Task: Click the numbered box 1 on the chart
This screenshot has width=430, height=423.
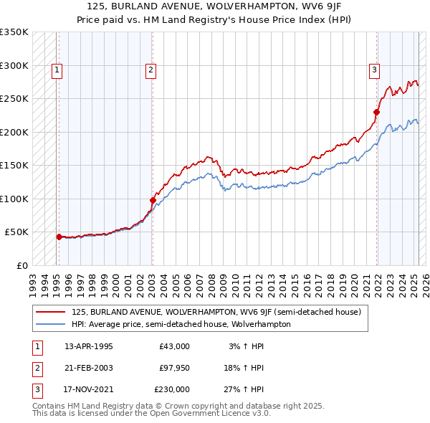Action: (x=57, y=70)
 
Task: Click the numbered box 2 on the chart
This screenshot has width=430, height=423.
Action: (x=151, y=70)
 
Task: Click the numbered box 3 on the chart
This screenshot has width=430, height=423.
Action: (x=375, y=70)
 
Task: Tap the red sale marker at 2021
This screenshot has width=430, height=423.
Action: (x=376, y=112)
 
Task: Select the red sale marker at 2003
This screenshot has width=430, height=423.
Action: (x=152, y=200)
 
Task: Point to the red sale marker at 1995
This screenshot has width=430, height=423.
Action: (x=59, y=236)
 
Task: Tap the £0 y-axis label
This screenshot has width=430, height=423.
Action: (x=21, y=265)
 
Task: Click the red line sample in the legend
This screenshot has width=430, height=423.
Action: (x=50, y=312)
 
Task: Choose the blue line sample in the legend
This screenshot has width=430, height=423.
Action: (x=50, y=324)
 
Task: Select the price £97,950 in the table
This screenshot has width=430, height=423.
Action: (x=174, y=368)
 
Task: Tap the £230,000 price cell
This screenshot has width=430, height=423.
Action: (x=172, y=389)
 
